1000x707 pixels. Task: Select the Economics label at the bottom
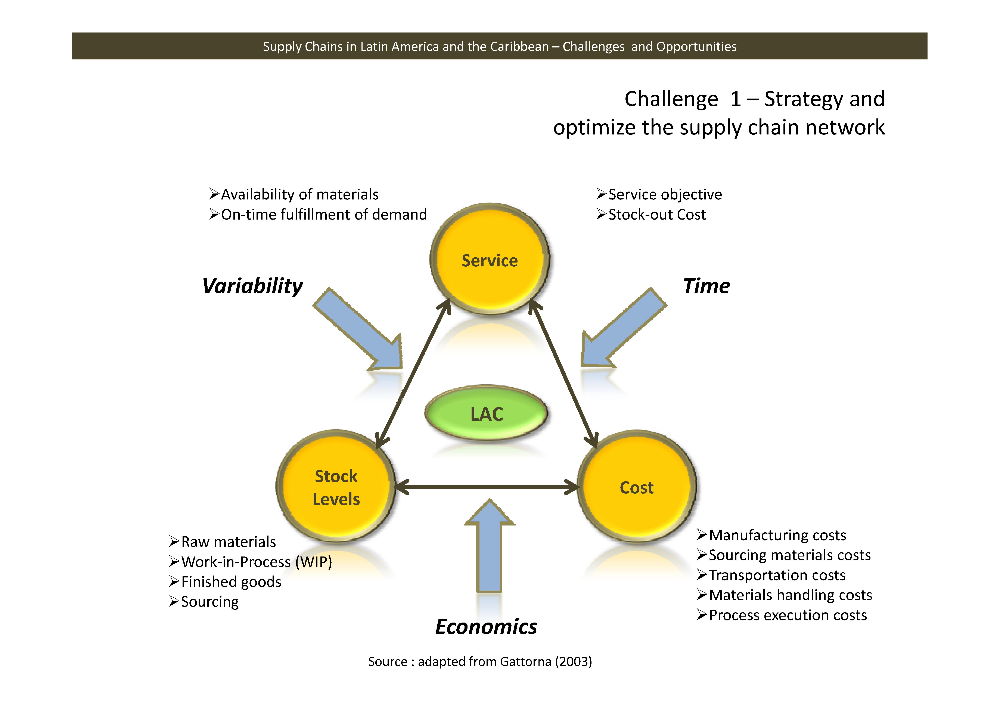(x=486, y=626)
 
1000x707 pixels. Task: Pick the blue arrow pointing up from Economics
(x=489, y=549)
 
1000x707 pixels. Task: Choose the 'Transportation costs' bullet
(x=777, y=575)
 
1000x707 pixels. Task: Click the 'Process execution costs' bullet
(x=788, y=615)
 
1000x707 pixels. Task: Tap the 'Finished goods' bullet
(x=231, y=582)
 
